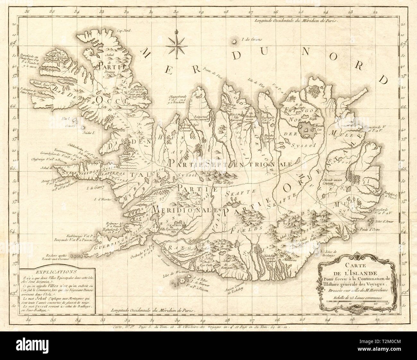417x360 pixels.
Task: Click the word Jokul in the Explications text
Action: tap(44, 298)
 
